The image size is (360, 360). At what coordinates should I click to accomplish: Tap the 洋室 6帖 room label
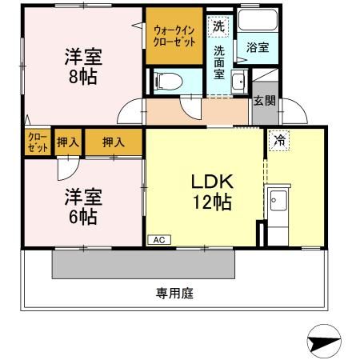(80, 206)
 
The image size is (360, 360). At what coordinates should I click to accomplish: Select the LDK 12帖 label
(211, 192)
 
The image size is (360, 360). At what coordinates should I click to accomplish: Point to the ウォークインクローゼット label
(174, 35)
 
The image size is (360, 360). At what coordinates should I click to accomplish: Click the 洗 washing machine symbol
(218, 26)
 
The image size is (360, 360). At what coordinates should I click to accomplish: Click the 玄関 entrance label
(264, 101)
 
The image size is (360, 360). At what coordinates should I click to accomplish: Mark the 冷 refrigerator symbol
(278, 140)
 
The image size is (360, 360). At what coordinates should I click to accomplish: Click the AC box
(158, 238)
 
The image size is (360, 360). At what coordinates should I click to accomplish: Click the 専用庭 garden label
(175, 293)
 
